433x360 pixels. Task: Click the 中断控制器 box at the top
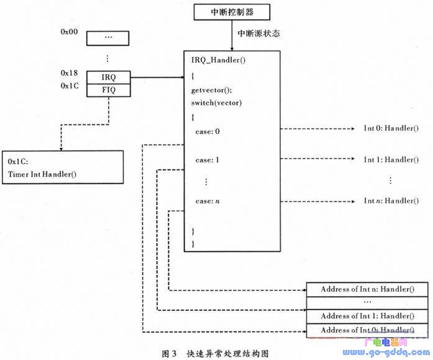(x=232, y=12)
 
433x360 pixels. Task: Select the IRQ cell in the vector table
(x=108, y=78)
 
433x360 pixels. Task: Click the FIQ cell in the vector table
(x=108, y=90)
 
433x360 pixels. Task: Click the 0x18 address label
(x=69, y=73)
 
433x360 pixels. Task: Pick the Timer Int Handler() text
(x=42, y=173)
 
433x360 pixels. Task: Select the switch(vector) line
(x=216, y=103)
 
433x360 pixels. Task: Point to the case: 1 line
(x=207, y=160)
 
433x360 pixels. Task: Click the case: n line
(x=207, y=201)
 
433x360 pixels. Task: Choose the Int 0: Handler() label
(x=391, y=129)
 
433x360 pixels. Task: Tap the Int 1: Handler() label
(x=391, y=160)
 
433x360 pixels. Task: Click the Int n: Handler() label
(x=391, y=201)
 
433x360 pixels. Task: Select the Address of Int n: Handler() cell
(x=367, y=289)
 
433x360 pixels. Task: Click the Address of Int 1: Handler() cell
(x=367, y=316)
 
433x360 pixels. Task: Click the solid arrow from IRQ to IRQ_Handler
(x=158, y=78)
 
